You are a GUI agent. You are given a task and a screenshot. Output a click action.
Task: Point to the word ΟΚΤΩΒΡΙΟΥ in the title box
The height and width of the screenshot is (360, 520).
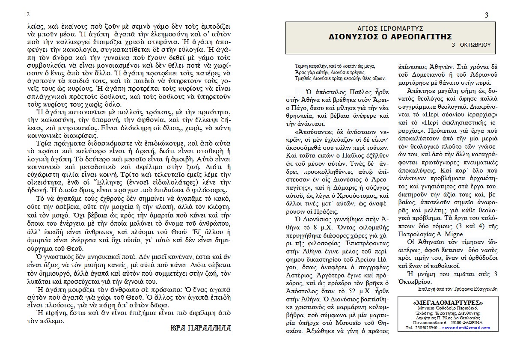(475, 45)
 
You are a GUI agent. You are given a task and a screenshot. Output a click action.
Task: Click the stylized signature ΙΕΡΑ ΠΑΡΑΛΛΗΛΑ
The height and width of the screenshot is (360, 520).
(200, 328)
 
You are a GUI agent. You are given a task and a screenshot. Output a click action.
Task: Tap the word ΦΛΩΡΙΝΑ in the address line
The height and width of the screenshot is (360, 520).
(472, 323)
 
